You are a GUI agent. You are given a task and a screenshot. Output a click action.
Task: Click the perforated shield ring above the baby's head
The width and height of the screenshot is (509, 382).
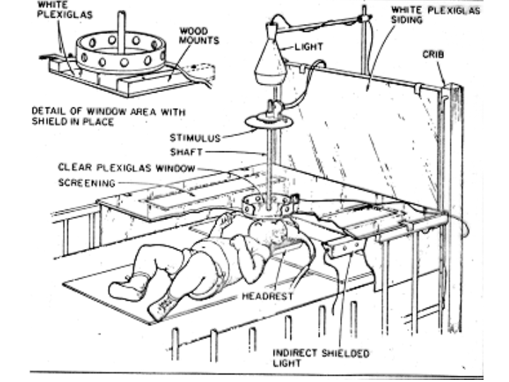267,205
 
